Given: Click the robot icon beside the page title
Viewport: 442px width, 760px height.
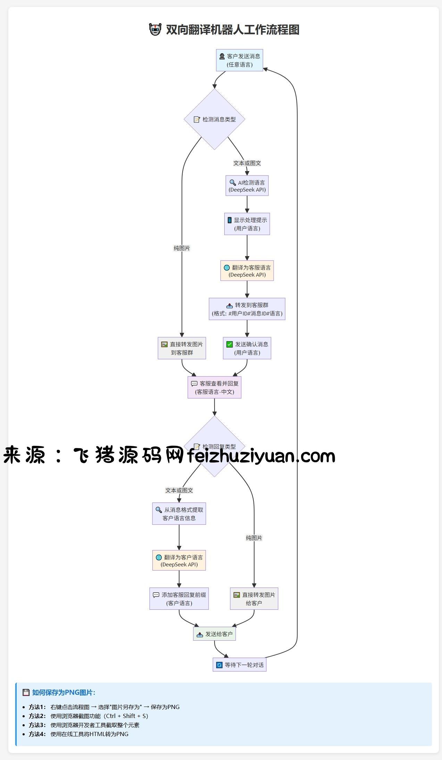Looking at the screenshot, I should point(155,29).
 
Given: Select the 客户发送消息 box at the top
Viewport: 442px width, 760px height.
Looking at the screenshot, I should point(240,60).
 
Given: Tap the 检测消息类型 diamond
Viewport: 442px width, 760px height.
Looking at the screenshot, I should point(215,119).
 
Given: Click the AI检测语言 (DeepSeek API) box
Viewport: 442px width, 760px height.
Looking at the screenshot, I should point(247,186).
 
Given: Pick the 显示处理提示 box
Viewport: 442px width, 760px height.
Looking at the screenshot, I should point(247,224).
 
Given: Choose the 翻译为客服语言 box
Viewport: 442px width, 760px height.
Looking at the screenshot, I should point(247,271).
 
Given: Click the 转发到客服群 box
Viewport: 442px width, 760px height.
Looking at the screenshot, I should point(247,309).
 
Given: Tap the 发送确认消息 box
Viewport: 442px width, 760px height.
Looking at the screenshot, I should point(247,348).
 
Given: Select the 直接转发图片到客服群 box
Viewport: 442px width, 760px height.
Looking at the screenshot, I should point(182,348).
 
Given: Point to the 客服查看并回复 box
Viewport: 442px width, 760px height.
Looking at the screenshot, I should point(215,387).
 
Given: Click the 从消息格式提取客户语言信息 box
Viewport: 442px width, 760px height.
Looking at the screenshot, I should point(179,514).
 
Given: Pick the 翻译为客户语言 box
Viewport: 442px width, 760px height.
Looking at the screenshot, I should point(179,560).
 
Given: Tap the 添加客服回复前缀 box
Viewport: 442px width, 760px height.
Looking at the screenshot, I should point(179,599).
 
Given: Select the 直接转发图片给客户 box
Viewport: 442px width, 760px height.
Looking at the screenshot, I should point(254,599).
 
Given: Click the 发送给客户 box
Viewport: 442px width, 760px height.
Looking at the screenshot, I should point(215,634).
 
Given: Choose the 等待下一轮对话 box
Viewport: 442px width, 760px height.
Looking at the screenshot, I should point(240,665).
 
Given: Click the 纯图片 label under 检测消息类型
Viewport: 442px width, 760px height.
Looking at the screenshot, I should point(182,248).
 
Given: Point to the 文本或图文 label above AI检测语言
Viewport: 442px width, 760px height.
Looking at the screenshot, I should point(247,163).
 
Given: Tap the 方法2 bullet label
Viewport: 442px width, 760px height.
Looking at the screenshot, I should point(37,716).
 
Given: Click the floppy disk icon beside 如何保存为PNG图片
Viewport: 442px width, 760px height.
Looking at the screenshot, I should point(26,692).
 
